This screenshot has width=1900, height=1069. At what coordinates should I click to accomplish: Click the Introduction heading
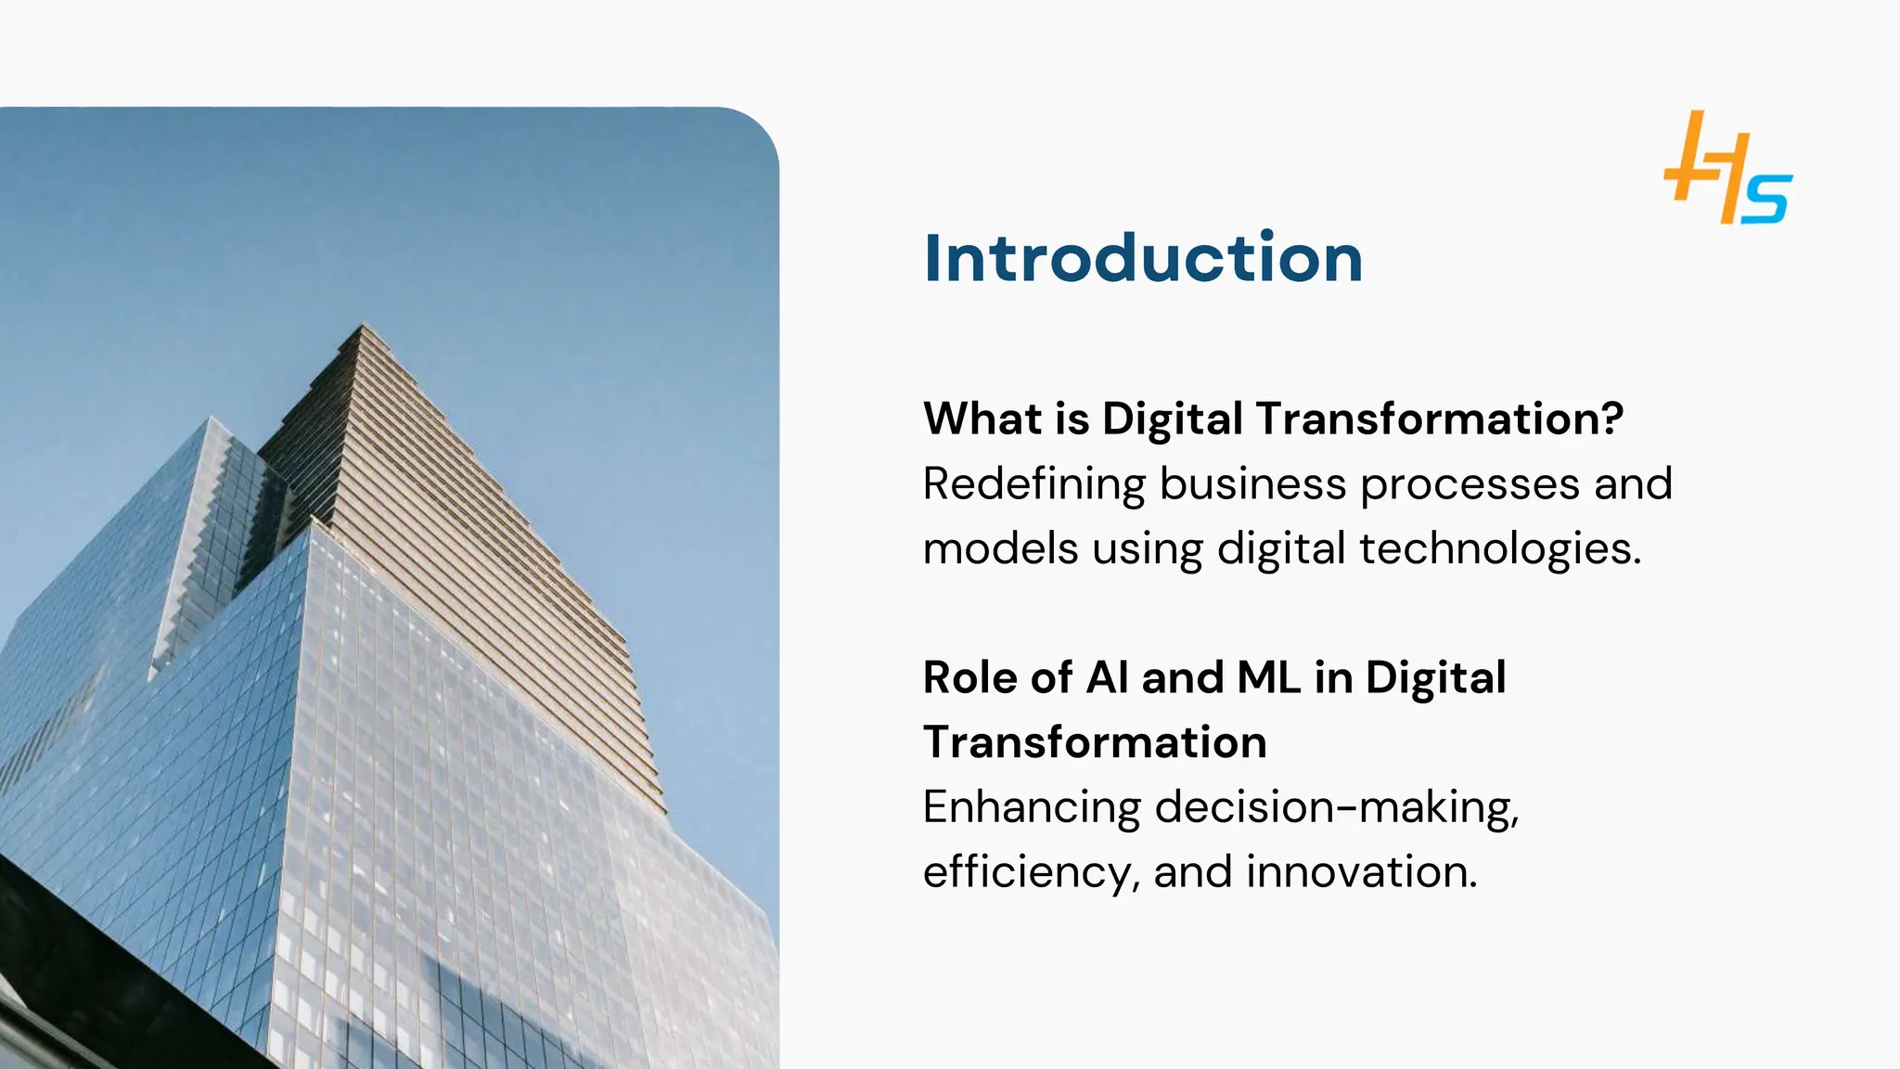tap(1143, 258)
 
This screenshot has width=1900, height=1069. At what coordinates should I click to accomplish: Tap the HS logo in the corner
tap(1727, 168)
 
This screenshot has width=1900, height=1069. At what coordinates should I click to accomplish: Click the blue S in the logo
tap(1765, 199)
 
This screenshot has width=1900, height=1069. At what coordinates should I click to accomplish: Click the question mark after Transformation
tap(1612, 419)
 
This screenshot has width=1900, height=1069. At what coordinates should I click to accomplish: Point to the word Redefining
tap(1034, 484)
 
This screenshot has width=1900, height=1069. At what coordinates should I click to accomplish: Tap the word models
tap(1000, 548)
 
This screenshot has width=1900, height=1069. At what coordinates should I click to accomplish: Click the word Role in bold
tap(969, 677)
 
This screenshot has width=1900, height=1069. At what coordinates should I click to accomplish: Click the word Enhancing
tap(1032, 808)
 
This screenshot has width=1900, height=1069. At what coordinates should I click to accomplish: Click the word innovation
tap(1361, 872)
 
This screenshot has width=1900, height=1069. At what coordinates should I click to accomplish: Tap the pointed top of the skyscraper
tap(363, 326)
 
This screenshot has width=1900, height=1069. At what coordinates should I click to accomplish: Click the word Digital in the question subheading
tap(1173, 419)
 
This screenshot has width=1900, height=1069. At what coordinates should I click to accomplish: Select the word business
tap(1252, 484)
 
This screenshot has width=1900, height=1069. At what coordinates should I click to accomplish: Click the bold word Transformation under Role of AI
tap(1095, 742)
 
